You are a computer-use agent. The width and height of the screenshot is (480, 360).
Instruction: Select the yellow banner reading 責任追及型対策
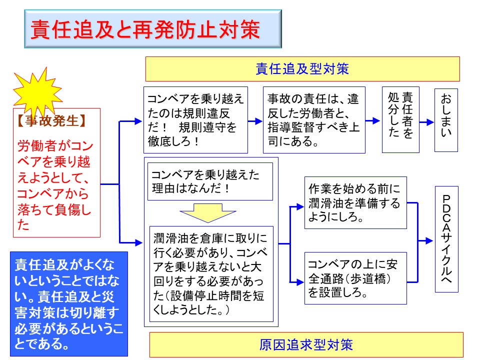[x=302, y=69]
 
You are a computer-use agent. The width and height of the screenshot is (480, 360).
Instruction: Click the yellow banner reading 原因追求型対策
[x=306, y=344]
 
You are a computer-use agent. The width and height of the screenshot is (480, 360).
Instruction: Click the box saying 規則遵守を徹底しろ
[x=195, y=120]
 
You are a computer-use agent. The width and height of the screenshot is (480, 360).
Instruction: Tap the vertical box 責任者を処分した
[x=400, y=120]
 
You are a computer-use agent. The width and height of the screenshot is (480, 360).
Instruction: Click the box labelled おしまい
[x=446, y=120]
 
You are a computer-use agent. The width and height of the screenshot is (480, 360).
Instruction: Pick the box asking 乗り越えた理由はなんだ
[x=210, y=181]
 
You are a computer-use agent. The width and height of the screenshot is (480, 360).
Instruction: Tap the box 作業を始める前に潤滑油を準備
[x=355, y=203]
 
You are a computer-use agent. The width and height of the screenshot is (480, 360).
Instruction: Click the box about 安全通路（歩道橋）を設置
[x=355, y=277]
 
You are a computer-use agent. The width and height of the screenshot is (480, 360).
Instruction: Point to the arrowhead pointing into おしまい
[x=430, y=121]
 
